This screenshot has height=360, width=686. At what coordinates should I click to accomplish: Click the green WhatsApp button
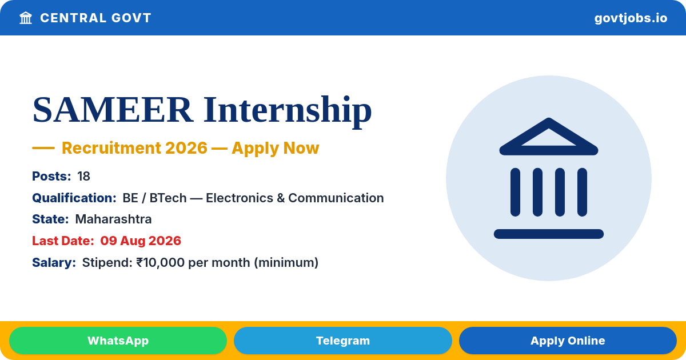(118, 341)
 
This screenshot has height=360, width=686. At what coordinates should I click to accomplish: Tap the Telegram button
(342, 341)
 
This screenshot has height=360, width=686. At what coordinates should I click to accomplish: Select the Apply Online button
(568, 341)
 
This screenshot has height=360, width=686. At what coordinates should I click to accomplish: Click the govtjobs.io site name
(631, 18)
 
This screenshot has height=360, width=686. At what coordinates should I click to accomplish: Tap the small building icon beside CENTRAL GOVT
(26, 18)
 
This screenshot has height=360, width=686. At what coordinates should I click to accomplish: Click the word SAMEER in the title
(113, 109)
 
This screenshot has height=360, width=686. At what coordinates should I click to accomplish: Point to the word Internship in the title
(287, 111)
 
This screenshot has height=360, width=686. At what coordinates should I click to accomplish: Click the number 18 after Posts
(83, 177)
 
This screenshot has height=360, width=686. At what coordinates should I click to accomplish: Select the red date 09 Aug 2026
(141, 241)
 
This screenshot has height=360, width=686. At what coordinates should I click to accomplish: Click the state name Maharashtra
(113, 219)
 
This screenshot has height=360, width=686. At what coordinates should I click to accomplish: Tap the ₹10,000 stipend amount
(161, 263)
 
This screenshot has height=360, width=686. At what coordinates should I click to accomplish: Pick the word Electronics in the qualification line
(239, 198)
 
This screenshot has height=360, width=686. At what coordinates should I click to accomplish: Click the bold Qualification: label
(74, 198)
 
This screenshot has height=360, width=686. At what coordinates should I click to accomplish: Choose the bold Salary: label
(54, 263)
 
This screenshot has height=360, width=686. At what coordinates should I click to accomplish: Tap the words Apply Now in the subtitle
(276, 148)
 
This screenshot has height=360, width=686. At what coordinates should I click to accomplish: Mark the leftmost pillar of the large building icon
(515, 192)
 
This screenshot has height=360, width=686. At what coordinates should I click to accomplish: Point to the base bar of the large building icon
(548, 234)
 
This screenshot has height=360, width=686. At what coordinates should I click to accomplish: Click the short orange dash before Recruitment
(43, 148)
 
